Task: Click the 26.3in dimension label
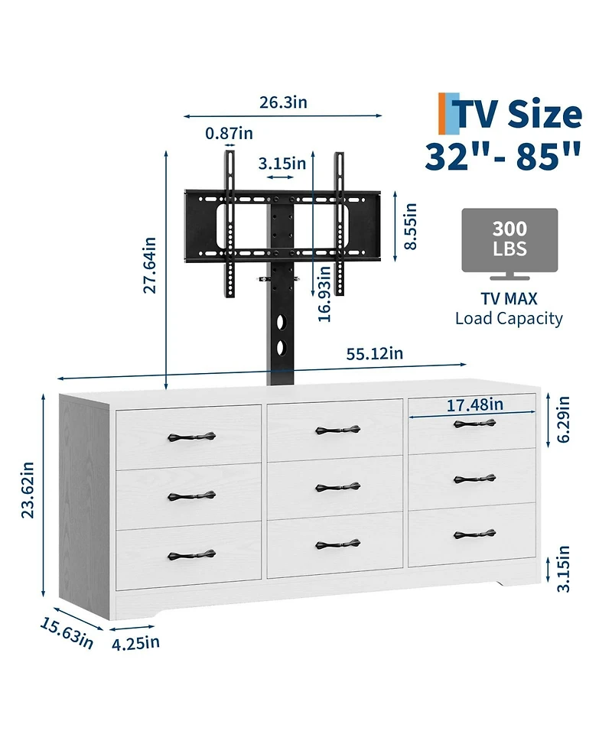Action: pos(282,102)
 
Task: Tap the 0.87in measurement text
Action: pos(229,133)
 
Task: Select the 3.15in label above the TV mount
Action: pos(282,164)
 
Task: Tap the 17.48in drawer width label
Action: pos(474,404)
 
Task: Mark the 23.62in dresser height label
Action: pos(28,490)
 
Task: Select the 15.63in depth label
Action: pos(67,633)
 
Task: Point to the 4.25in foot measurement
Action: pos(135,641)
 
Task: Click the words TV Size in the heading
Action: pos(519,115)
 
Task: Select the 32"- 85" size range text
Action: pos(503,157)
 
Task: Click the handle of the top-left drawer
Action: pos(191,437)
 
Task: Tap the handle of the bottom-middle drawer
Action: pos(337,544)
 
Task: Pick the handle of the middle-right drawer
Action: pos(474,479)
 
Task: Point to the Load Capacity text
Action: pos(509,318)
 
